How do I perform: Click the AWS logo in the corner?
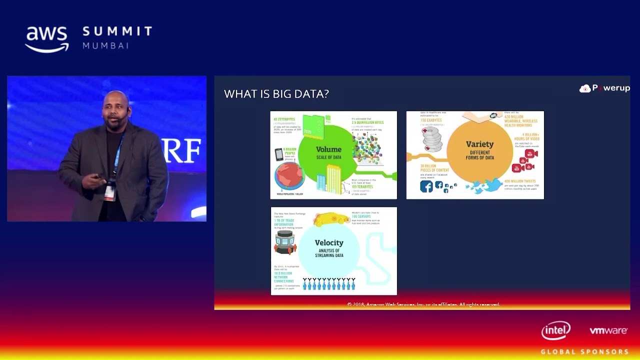point(47,39)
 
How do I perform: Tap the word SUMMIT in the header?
point(117,31)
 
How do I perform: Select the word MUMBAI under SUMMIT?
point(105,45)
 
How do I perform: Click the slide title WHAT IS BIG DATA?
point(276,94)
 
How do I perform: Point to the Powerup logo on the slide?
point(604,88)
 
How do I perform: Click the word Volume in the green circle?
point(328,149)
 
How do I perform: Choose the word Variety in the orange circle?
point(479,144)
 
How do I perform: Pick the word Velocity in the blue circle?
point(329,242)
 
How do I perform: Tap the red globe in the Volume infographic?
point(289,176)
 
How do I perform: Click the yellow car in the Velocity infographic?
point(330,219)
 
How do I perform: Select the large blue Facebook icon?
point(426,186)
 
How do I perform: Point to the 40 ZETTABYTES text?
point(284,119)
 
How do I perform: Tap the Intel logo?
point(555,330)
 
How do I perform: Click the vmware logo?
point(608,330)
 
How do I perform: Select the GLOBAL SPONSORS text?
point(584,351)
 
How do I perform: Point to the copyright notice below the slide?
point(423,304)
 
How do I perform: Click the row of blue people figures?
point(329,284)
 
